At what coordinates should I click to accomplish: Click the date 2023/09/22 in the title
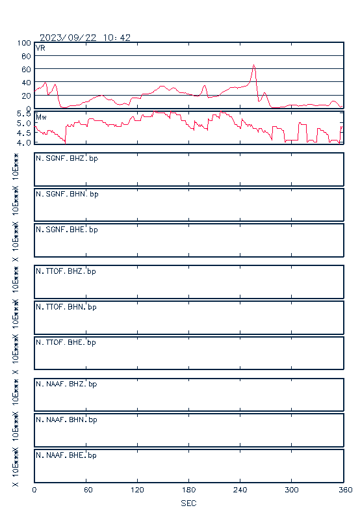point(68,38)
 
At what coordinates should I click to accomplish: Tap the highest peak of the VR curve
point(254,65)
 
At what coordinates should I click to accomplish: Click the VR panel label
point(40,48)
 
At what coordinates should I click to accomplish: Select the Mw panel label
point(41,117)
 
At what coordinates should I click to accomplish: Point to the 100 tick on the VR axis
point(24,43)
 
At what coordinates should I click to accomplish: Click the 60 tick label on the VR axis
point(26,70)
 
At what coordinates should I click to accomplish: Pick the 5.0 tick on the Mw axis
point(23,123)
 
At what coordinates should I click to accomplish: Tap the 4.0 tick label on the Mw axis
point(23,142)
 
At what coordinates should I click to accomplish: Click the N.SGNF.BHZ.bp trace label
point(67,159)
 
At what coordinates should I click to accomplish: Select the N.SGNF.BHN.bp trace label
point(67,194)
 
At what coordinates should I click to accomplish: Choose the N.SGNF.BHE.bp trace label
point(67,230)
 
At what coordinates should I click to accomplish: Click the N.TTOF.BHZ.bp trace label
point(66,271)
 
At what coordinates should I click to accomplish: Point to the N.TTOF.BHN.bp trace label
point(66,307)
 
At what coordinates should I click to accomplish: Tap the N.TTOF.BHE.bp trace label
point(66,342)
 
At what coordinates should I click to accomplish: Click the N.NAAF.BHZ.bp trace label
point(66,384)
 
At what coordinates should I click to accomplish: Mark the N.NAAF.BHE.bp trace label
point(66,455)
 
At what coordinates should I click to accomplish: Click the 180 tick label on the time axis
point(188,490)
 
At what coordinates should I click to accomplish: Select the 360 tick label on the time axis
point(345,490)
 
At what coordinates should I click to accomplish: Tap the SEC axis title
point(188,503)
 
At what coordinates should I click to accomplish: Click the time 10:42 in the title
point(117,38)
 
